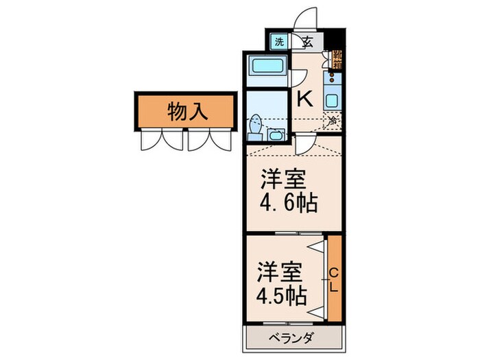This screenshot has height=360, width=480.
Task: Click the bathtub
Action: (268, 69)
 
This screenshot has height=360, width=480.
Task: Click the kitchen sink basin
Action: (333, 99)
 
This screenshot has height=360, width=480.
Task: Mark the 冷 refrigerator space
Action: (333, 121)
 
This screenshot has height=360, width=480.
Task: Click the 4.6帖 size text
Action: (288, 204)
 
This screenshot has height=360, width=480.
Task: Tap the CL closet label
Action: (334, 279)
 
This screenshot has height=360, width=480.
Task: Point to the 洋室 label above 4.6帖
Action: (283, 180)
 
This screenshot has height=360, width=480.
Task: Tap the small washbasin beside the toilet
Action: (276, 133)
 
